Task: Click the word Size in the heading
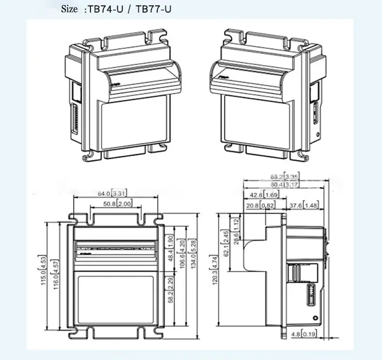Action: tap(70, 9)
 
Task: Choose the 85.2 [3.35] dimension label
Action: tap(284, 177)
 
